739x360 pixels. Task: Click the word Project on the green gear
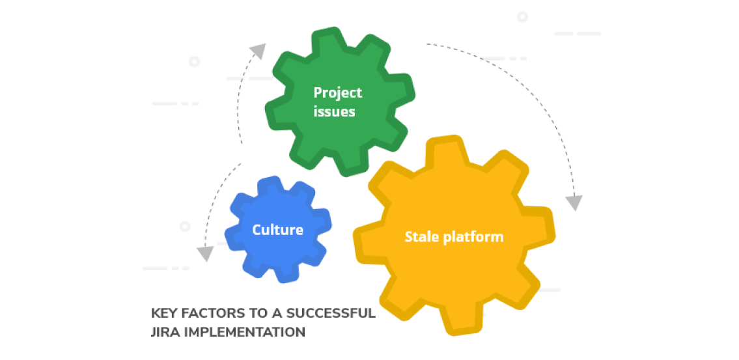(x=337, y=92)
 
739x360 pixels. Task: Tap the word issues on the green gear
(x=334, y=111)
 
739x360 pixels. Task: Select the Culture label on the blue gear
(x=277, y=230)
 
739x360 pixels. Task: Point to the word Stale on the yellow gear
(x=422, y=236)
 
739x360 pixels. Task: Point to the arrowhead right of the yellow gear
(x=573, y=202)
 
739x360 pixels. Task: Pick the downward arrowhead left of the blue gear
(x=205, y=253)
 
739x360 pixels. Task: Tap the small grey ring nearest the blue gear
(x=185, y=227)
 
